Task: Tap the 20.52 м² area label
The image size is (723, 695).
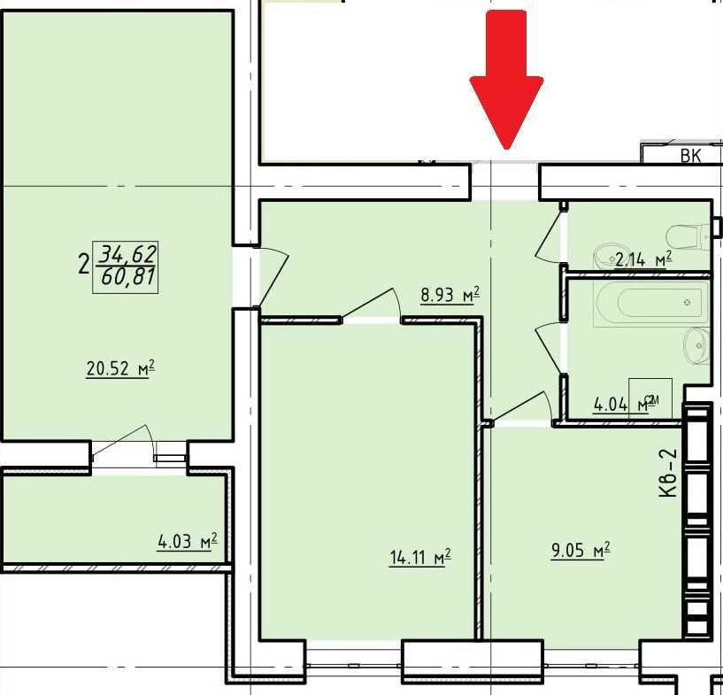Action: coord(120,369)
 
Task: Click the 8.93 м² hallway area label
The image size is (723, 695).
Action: coord(450,295)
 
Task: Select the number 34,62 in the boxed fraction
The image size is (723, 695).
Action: coord(127,255)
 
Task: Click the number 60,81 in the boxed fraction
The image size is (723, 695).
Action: coord(127,278)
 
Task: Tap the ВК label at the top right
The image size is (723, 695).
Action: coord(690,157)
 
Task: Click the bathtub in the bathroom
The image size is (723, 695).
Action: coord(650,303)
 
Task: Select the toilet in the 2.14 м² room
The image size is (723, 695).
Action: coord(689,236)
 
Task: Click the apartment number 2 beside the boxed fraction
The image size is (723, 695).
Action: coord(83,265)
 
